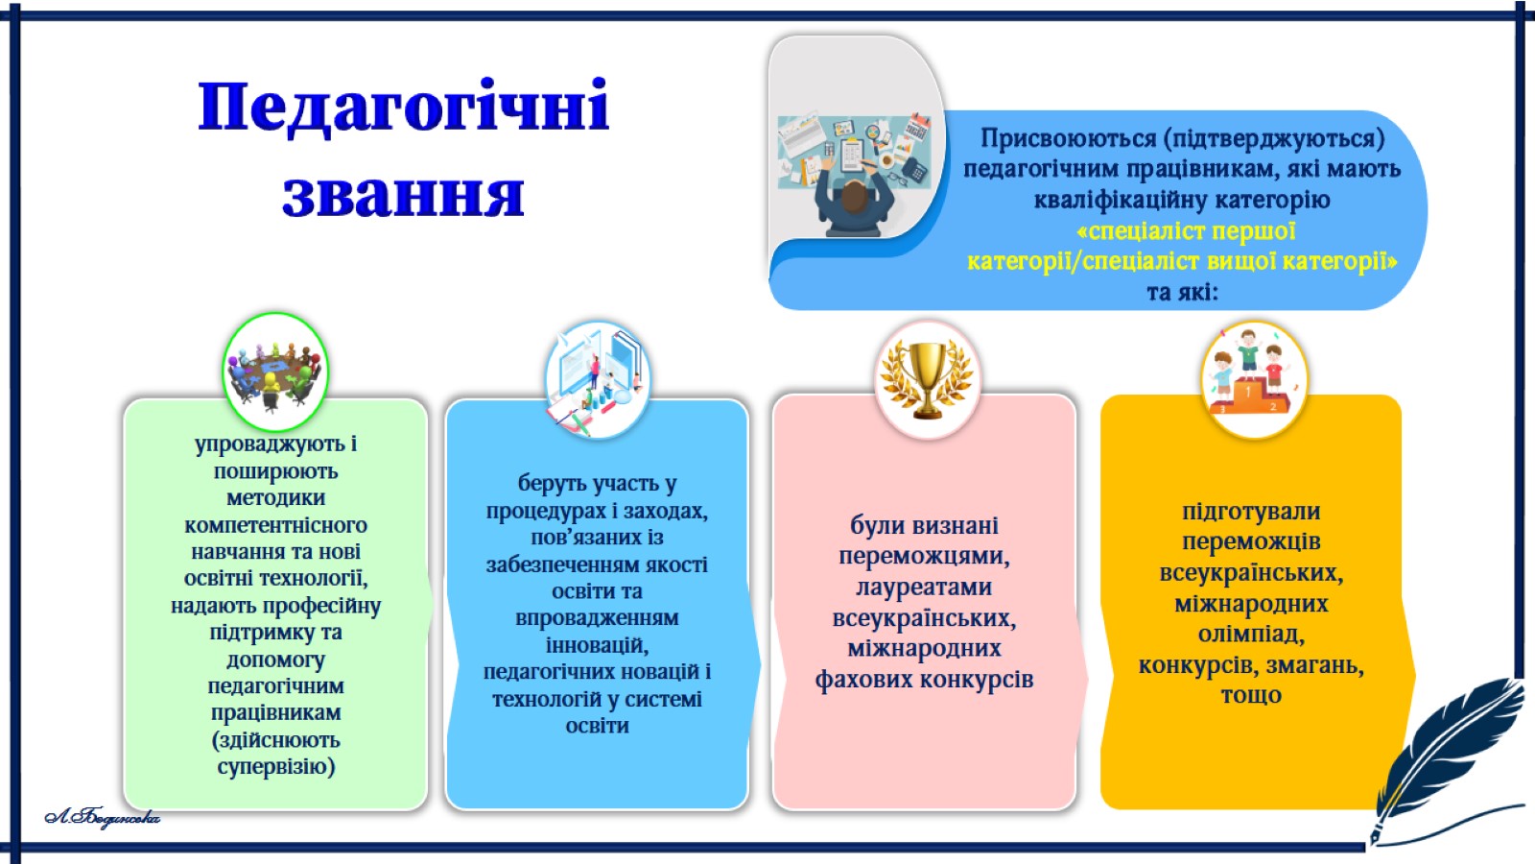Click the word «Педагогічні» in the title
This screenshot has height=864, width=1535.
point(404,107)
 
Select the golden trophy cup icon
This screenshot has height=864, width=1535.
point(927,380)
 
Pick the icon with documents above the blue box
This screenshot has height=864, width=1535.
point(597,380)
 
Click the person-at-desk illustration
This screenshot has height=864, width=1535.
point(855,175)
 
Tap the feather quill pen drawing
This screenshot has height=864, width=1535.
point(1446,757)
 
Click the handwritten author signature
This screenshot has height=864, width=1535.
point(102,817)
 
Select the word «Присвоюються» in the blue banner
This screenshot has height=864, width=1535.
point(1069,139)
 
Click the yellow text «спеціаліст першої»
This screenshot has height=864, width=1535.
point(1186,231)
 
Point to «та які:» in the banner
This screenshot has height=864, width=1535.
point(1183,293)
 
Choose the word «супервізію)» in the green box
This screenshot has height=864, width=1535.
point(276,767)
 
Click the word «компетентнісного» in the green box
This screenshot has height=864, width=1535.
point(275,525)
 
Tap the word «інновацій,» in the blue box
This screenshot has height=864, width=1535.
point(597,645)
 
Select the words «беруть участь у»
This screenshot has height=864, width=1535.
point(597,484)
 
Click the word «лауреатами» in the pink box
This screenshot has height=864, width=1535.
point(924,587)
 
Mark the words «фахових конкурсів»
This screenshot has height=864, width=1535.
point(924,680)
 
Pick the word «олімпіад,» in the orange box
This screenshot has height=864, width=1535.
point(1251,635)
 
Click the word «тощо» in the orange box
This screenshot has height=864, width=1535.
point(1251,695)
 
